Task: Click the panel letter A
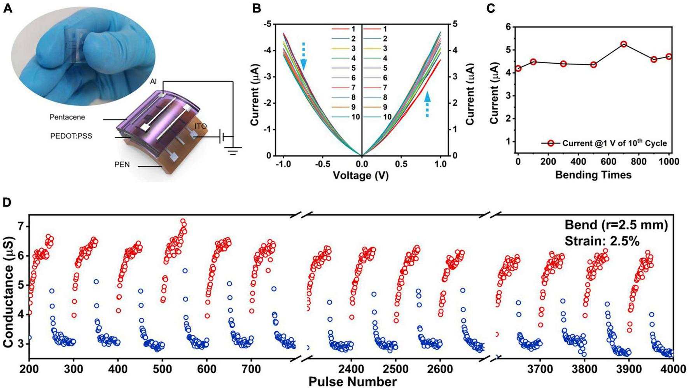[8, 8]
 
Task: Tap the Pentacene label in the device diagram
[67, 117]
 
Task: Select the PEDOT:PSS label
[71, 136]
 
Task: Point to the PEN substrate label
[122, 165]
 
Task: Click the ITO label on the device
[201, 126]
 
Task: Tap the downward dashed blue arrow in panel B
[304, 56]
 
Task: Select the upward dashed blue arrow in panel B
[427, 104]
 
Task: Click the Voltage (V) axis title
[360, 176]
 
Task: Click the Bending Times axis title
[593, 175]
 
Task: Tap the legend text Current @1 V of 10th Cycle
[614, 143]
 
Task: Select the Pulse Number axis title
[352, 381]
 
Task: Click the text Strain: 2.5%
[602, 241]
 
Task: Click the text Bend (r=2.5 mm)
[616, 225]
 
